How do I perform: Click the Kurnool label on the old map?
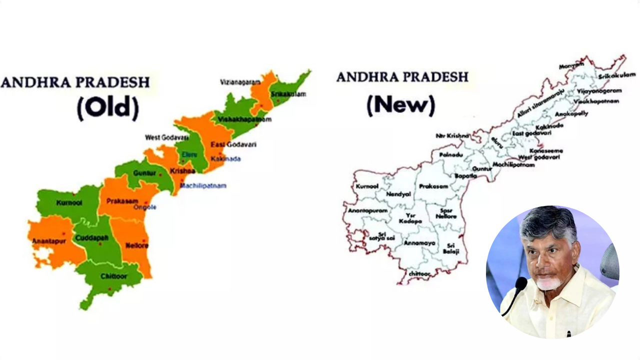coord(69,203)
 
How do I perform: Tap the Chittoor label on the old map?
coord(114,276)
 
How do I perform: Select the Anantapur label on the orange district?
coord(45,241)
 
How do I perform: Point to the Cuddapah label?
coord(91,238)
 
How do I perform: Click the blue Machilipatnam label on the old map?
coord(203,185)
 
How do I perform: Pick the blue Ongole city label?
coord(145,207)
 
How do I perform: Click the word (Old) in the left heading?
coord(107,107)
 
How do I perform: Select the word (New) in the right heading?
coord(400,104)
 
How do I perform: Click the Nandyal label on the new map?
coord(398,194)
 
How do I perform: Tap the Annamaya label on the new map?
coord(419,243)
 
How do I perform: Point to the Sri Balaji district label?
coord(450,248)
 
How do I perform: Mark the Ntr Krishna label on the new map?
coord(452,135)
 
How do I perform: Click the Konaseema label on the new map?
coord(546,150)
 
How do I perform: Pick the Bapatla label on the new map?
coord(465,176)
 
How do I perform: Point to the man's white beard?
coord(549,283)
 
